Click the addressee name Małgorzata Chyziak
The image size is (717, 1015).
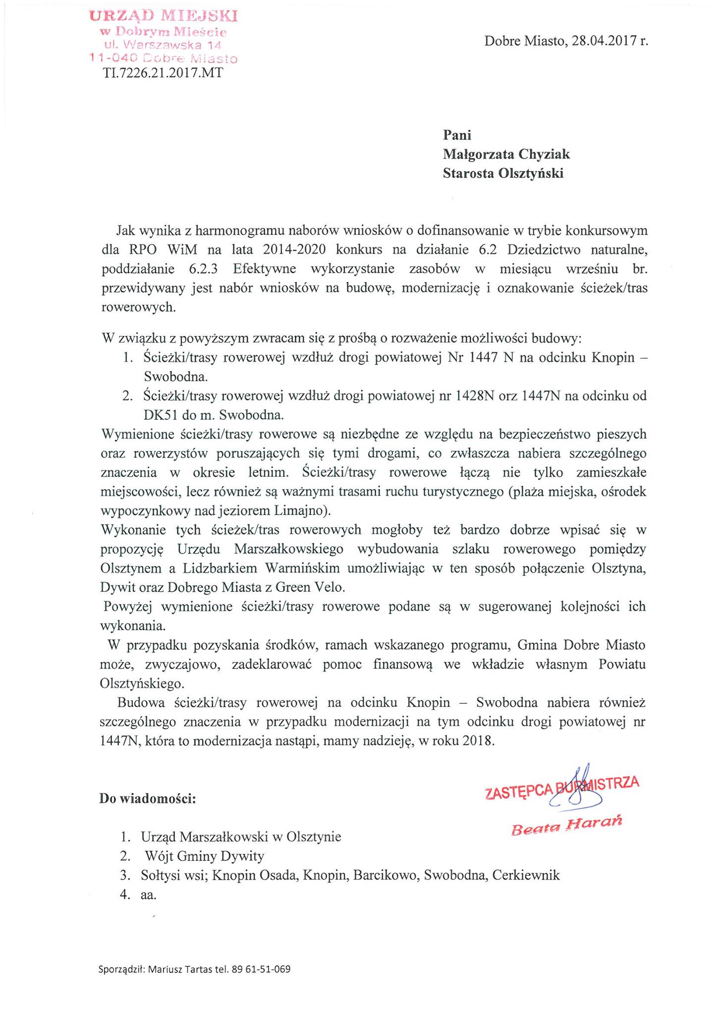(506, 154)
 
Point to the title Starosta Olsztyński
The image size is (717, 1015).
(503, 173)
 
